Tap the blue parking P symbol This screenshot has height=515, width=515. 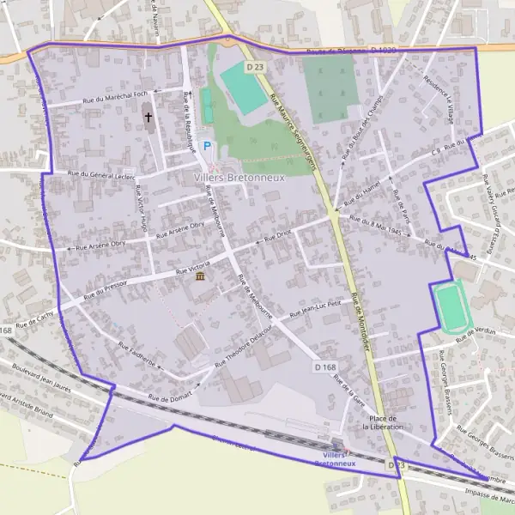(x=206, y=147)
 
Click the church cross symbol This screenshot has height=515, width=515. (x=148, y=116)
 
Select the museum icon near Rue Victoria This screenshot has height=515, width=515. (x=200, y=278)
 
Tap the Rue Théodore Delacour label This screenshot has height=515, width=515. (x=248, y=347)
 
